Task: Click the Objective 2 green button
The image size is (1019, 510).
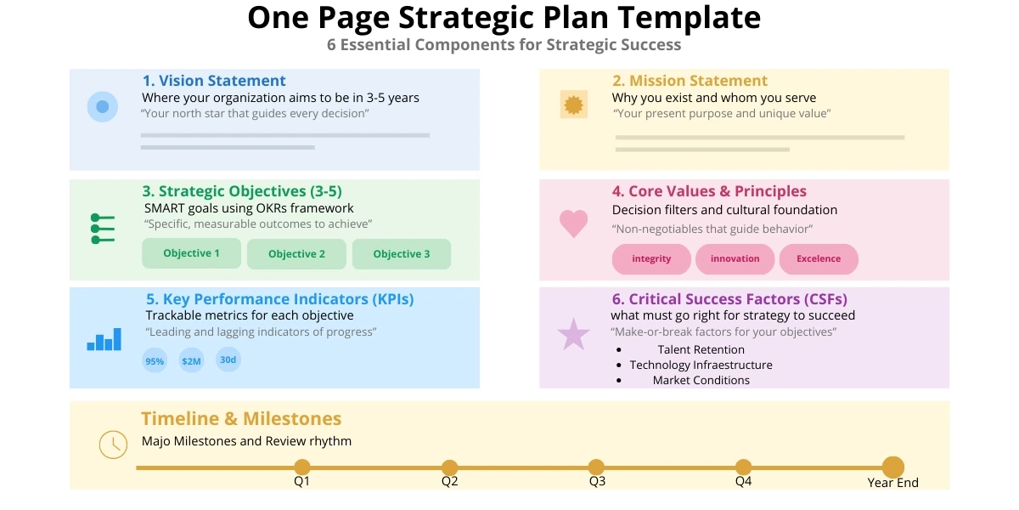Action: tap(296, 254)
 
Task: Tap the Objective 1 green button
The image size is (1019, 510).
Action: tap(191, 253)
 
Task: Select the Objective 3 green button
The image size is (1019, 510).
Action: tap(402, 254)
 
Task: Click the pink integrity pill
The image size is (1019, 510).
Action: tap(651, 259)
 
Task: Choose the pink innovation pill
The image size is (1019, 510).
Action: tap(735, 259)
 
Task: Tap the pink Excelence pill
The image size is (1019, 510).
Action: tap(819, 259)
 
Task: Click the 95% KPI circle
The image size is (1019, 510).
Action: tap(155, 360)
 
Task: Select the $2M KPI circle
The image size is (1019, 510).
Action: tap(191, 360)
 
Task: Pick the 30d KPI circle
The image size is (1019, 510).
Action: tap(228, 359)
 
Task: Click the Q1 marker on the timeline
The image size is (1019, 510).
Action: tap(302, 467)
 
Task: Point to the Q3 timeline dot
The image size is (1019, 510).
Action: tap(597, 467)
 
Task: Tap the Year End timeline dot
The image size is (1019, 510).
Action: tap(892, 467)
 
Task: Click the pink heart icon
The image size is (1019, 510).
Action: tap(573, 224)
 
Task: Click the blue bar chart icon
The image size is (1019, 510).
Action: tap(104, 339)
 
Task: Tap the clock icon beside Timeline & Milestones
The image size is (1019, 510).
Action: tap(113, 445)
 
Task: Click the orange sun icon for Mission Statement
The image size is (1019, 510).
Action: tap(574, 105)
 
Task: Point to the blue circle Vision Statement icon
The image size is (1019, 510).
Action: tap(103, 107)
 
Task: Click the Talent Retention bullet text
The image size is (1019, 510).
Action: tap(701, 349)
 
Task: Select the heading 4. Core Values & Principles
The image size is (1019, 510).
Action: tap(709, 191)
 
